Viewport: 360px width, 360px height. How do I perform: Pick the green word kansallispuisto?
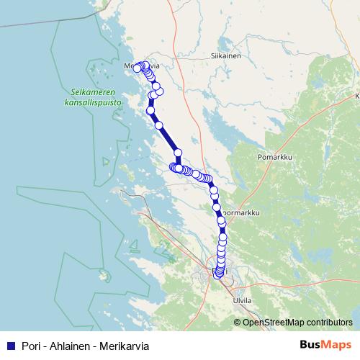[x=92, y=103]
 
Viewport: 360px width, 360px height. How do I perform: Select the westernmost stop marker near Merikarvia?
[x=137, y=68]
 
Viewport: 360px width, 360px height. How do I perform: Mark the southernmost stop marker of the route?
[x=219, y=274]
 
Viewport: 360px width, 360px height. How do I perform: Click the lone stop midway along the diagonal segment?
[x=159, y=125]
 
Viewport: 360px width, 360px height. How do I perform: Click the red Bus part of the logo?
[x=312, y=345]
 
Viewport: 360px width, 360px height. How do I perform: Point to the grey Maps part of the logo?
[x=338, y=345]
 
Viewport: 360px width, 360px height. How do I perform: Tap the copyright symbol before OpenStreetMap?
[x=238, y=322]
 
